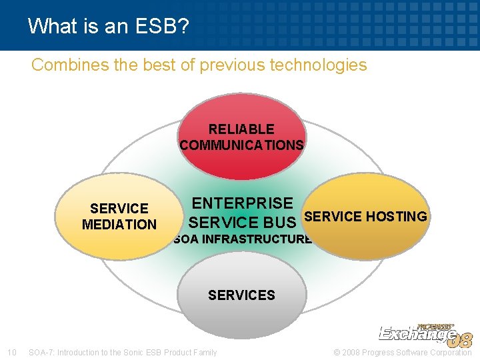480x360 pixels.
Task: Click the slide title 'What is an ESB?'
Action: pyautogui.click(x=108, y=26)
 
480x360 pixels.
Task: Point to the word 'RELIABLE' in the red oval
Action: pyautogui.click(x=241, y=129)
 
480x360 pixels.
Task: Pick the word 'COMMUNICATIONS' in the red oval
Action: pyautogui.click(x=241, y=145)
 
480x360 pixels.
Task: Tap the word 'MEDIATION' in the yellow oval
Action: pyautogui.click(x=119, y=225)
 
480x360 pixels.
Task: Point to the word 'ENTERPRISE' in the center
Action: pyautogui.click(x=242, y=203)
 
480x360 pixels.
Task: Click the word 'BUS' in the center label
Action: pyautogui.click(x=279, y=222)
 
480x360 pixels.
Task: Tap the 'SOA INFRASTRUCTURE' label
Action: pyautogui.click(x=242, y=239)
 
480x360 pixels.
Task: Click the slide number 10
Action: pyautogui.click(x=11, y=352)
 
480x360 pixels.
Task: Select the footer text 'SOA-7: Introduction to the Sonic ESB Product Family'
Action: pyautogui.click(x=123, y=352)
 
